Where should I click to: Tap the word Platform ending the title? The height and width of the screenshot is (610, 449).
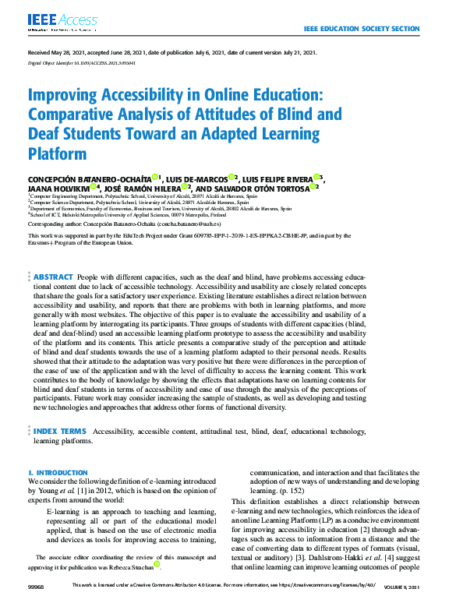(57, 153)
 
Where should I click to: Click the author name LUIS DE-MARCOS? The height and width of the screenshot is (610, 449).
(197, 178)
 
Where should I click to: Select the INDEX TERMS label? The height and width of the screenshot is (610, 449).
(59, 430)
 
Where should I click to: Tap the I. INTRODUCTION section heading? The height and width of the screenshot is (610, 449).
(58, 473)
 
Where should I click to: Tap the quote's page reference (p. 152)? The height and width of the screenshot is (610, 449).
(285, 492)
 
